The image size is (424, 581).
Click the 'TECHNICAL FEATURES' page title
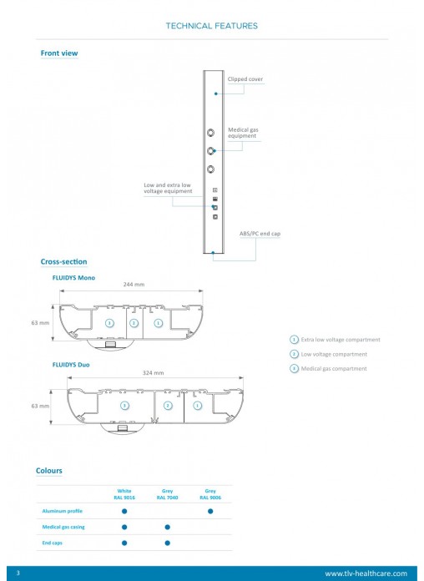[212, 26]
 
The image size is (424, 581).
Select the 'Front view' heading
[59, 53]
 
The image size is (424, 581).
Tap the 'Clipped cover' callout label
[245, 79]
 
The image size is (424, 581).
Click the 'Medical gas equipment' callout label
[243, 133]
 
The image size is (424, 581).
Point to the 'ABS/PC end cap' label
[260, 234]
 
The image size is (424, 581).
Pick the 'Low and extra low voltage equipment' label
[168, 188]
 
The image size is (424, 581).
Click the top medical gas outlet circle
[210, 132]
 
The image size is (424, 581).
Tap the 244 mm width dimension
[134, 285]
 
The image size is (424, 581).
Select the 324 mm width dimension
[153, 373]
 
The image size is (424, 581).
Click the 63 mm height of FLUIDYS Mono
[40, 323]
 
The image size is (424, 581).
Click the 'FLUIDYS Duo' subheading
[71, 365]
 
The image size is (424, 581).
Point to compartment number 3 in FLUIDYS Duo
[125, 406]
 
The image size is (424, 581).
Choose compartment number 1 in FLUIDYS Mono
[159, 323]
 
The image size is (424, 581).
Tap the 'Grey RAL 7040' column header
[167, 494]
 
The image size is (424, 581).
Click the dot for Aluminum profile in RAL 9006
[210, 511]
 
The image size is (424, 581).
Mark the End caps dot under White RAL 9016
[124, 543]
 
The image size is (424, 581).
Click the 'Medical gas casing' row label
[63, 527]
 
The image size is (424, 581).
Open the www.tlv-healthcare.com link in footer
[366, 573]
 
